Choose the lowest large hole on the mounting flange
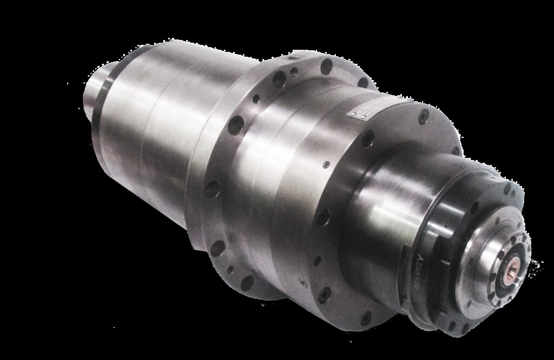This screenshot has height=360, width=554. click(x=248, y=282)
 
